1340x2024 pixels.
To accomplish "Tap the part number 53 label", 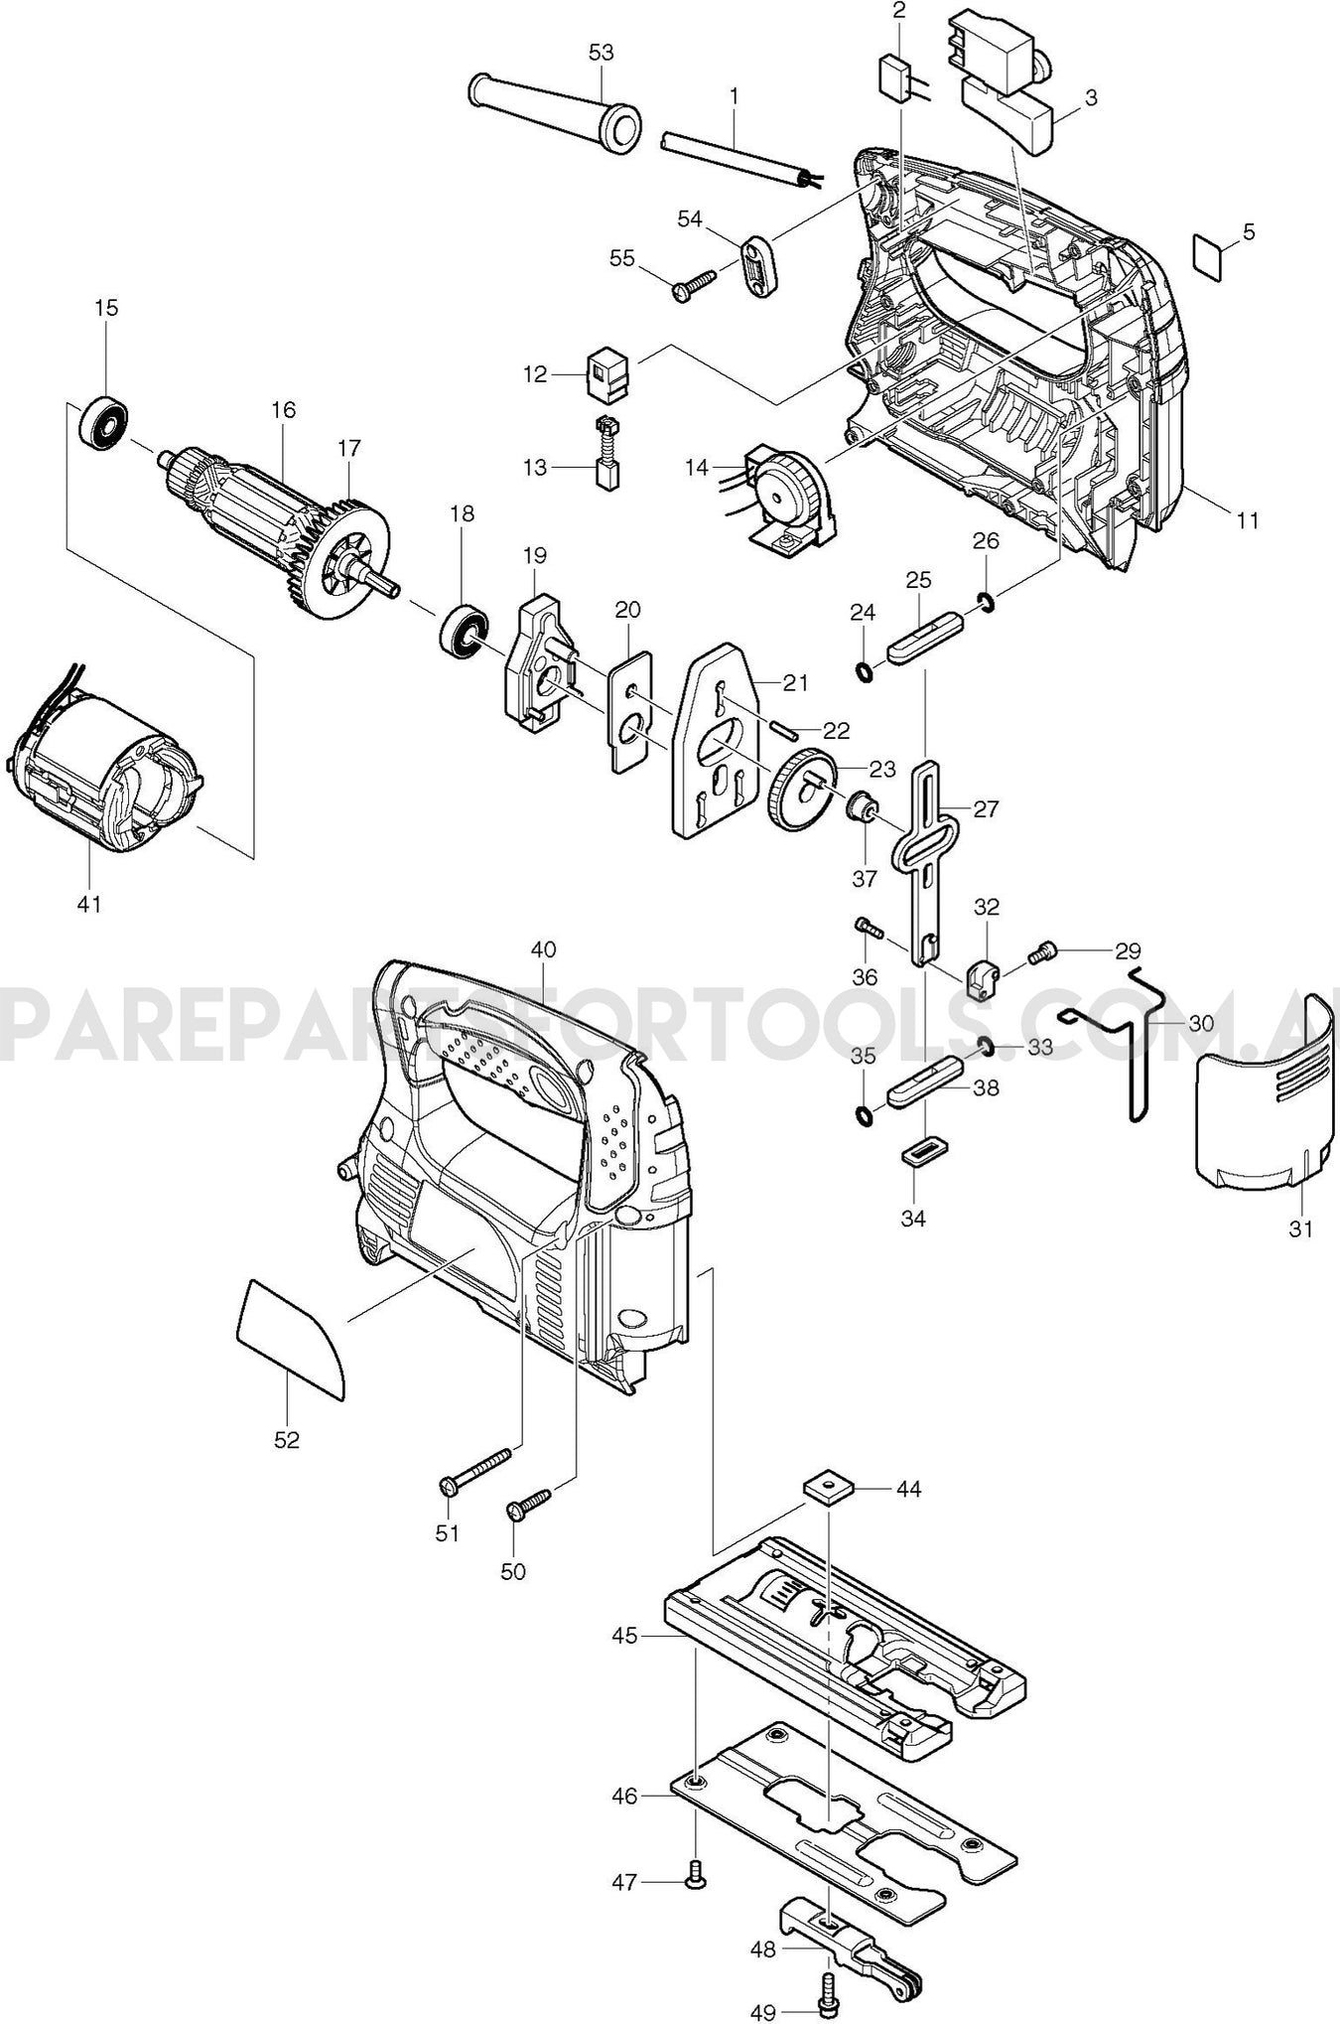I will pyautogui.click(x=602, y=53).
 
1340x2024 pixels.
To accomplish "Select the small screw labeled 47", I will pyautogui.click(x=696, y=1873).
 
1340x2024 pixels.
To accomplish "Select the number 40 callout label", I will pyautogui.click(x=542, y=949).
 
